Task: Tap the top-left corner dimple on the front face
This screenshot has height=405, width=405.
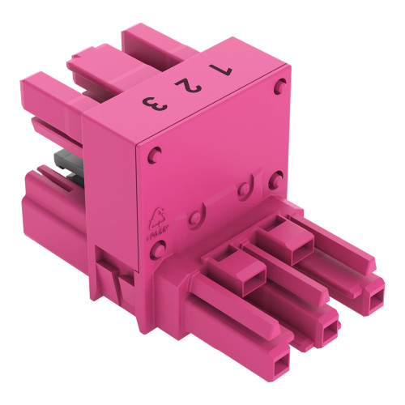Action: (158, 150)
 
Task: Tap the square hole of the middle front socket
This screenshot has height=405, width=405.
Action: (330, 328)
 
